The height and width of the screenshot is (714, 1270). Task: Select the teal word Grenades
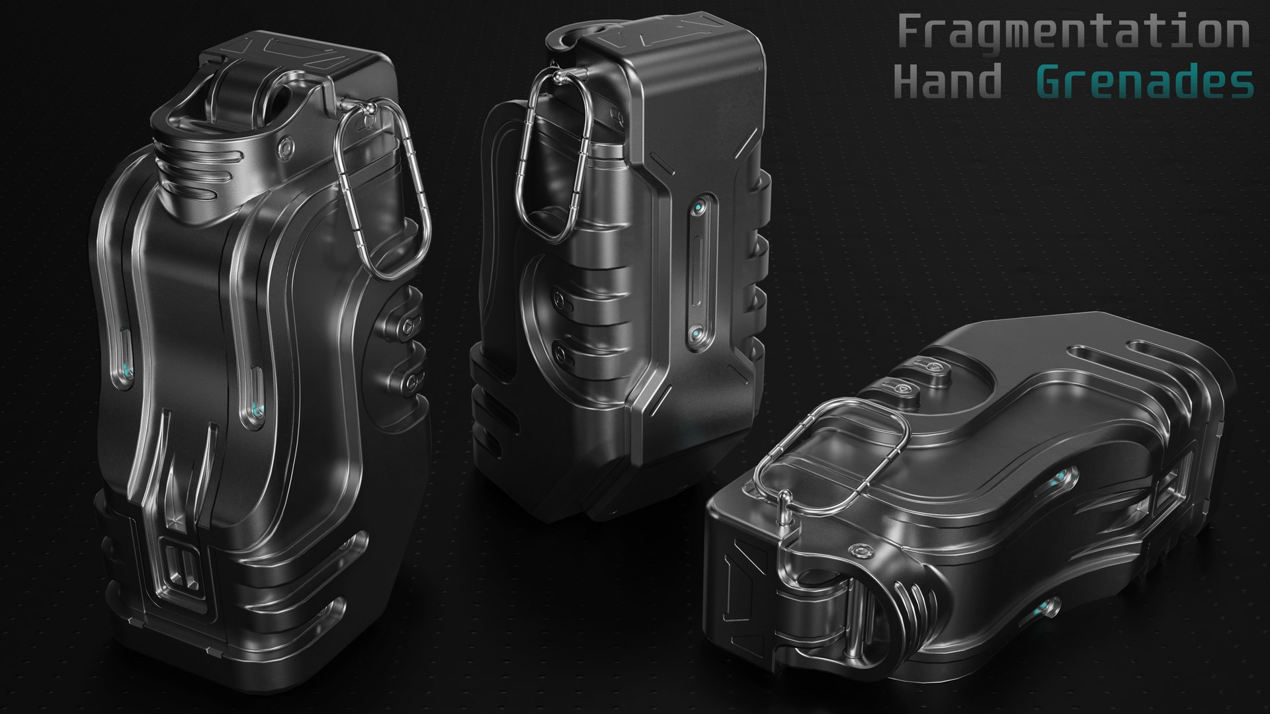(x=1144, y=82)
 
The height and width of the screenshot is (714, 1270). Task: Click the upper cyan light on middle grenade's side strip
(x=698, y=210)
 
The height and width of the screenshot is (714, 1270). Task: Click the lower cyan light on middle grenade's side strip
(x=697, y=334)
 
